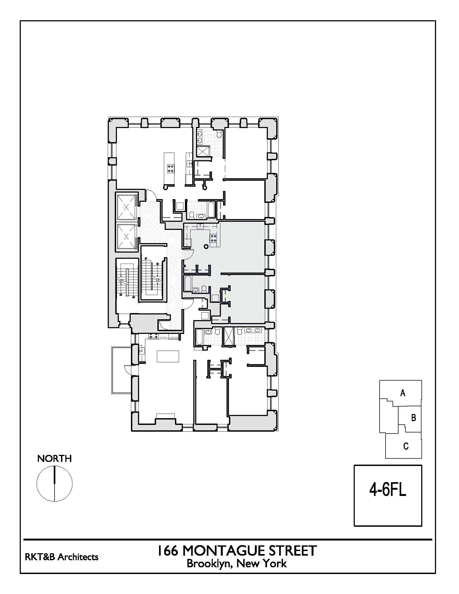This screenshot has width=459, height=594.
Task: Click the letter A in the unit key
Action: pyautogui.click(x=403, y=393)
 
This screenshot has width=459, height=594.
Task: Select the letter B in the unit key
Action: pyautogui.click(x=413, y=418)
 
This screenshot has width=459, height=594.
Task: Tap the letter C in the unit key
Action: pyautogui.click(x=406, y=446)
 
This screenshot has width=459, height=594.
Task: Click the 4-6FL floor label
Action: pyautogui.click(x=387, y=489)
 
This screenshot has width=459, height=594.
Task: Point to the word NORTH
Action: pyautogui.click(x=54, y=459)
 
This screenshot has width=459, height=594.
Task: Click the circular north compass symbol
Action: pyautogui.click(x=54, y=484)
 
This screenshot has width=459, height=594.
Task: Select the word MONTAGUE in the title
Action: pyautogui.click(x=224, y=551)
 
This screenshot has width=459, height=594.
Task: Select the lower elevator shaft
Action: pyautogui.click(x=126, y=237)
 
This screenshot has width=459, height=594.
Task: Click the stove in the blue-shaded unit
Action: pyautogui.click(x=213, y=239)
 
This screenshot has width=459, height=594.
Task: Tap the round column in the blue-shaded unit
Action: pyautogui.click(x=206, y=246)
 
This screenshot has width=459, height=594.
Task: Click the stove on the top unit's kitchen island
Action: pyautogui.click(x=171, y=168)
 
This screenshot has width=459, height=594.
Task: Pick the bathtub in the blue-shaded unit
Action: pyautogui.click(x=188, y=284)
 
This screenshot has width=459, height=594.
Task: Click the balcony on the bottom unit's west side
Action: pyautogui.click(x=121, y=370)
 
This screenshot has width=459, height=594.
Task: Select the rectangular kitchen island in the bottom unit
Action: pyautogui.click(x=168, y=356)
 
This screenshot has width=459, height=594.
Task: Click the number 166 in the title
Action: pyautogui.click(x=167, y=551)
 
